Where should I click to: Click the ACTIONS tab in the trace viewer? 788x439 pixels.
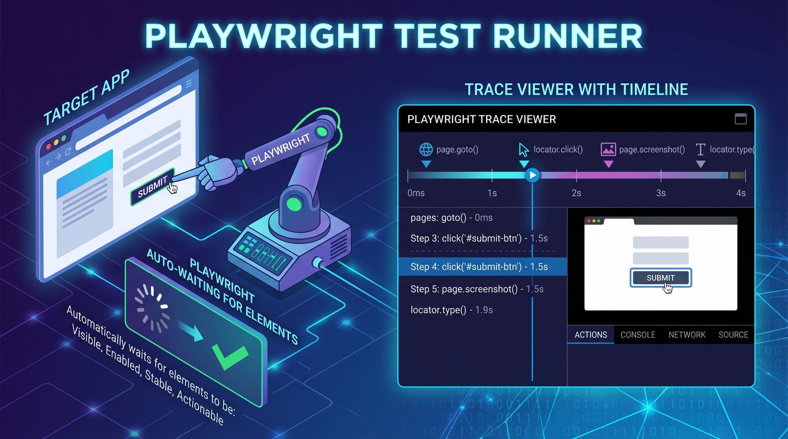591,335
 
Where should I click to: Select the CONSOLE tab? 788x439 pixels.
638,335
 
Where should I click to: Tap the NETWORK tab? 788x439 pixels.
687,335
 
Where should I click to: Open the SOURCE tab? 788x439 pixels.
733,335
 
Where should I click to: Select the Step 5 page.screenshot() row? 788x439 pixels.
477,289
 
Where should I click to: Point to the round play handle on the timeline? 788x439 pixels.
532,175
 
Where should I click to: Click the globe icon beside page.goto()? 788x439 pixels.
426,149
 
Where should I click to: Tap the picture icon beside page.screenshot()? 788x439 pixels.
608,149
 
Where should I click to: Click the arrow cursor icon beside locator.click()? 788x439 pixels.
523,150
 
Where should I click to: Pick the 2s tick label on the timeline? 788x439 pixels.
576,193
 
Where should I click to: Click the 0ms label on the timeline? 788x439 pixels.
416,193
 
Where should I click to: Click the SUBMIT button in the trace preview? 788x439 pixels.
660,278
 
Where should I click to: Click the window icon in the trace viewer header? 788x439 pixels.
741,119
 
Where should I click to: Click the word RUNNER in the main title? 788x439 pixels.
567,36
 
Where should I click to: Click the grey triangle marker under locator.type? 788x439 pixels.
700,164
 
